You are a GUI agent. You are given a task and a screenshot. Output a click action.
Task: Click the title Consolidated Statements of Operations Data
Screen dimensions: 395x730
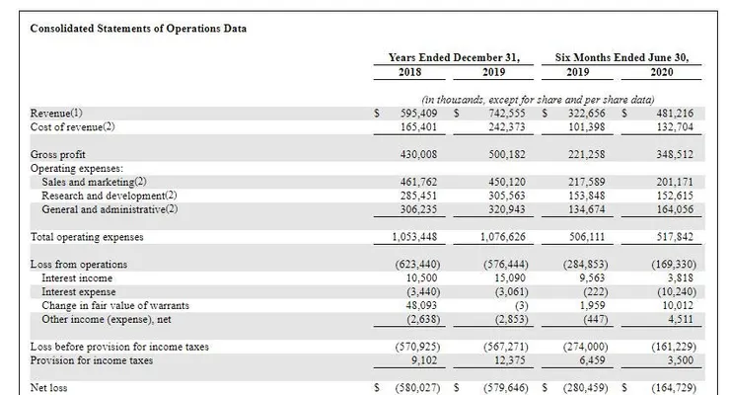click(138, 29)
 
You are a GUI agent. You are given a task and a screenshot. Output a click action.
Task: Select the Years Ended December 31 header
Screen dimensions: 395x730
click(454, 57)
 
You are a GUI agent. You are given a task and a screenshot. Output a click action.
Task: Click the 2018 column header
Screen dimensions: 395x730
click(409, 73)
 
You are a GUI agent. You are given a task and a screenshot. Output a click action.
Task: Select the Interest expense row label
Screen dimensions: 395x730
click(79, 292)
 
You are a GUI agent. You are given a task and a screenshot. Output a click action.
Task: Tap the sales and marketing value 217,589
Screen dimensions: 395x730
click(589, 182)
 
